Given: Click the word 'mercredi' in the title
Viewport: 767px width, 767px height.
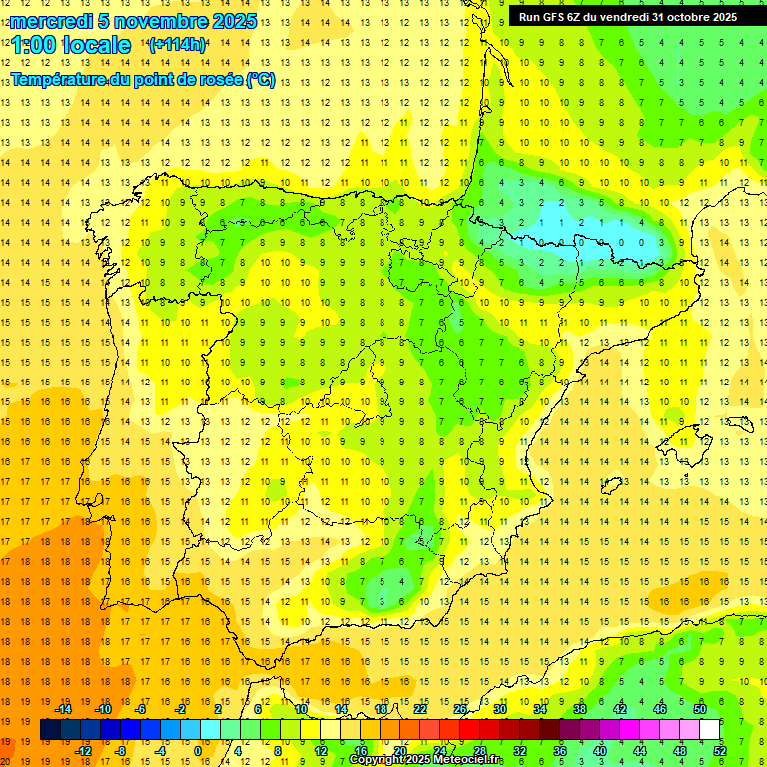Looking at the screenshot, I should click(51, 21).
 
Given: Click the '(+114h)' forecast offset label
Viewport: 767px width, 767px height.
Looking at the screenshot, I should click(177, 45).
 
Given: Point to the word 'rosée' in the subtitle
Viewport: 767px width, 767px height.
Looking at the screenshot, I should click(218, 80).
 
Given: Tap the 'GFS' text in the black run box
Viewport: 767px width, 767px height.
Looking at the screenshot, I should click(554, 16).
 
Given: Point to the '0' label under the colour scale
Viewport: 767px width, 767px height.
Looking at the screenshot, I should click(198, 751).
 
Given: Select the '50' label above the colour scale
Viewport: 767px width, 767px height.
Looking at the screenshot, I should click(699, 709).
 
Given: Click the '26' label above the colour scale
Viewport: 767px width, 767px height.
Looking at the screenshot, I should click(460, 709).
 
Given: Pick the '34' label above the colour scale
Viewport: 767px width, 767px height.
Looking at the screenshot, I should click(540, 709).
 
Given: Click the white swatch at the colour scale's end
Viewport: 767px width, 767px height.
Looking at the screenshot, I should click(710, 730).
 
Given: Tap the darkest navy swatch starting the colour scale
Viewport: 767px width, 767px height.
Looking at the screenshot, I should click(50, 730).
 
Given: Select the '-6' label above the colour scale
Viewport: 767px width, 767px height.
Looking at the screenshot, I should click(142, 709).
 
